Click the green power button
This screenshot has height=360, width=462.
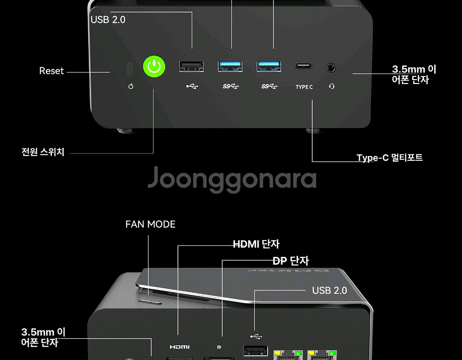pyautogui.click(x=154, y=67)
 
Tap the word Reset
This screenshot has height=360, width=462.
pyautogui.click(x=51, y=71)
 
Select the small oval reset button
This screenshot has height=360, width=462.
pyautogui.click(x=129, y=69)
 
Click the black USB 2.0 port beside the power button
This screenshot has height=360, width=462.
pyautogui.click(x=191, y=66)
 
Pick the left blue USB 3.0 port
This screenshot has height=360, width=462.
pyautogui.click(x=230, y=66)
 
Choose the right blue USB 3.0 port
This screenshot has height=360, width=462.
pyautogui.click(x=269, y=66)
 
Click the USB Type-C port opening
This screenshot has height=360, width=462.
pyautogui.click(x=304, y=66)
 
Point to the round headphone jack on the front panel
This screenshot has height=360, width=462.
pyautogui.click(x=331, y=67)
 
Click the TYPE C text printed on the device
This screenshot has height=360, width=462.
pyautogui.click(x=304, y=87)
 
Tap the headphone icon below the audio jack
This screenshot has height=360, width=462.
pyautogui.click(x=332, y=87)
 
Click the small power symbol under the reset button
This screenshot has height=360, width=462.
pyautogui.click(x=130, y=87)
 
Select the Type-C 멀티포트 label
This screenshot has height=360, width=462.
pyautogui.click(x=390, y=158)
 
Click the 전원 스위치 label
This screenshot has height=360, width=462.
pyautogui.click(x=43, y=152)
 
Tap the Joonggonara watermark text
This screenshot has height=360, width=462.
pyautogui.click(x=231, y=179)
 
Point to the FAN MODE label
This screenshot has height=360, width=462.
pyautogui.click(x=150, y=224)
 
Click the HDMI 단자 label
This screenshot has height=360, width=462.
pyautogui.click(x=256, y=244)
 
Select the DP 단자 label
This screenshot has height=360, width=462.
pyautogui.click(x=290, y=261)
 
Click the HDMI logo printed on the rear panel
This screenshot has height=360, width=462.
pyautogui.click(x=180, y=347)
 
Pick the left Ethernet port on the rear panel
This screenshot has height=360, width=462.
pyautogui.click(x=284, y=355)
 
